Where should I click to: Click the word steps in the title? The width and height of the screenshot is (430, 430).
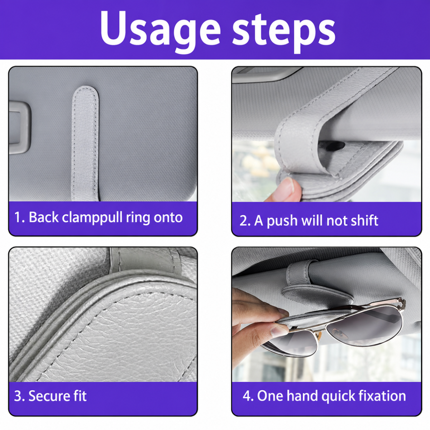(x=283, y=31)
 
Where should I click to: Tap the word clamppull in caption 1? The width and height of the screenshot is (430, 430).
(x=92, y=218)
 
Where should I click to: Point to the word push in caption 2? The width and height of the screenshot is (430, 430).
(x=282, y=221)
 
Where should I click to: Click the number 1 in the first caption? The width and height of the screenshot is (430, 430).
(x=18, y=218)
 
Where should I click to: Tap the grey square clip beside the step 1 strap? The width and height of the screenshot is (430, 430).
(x=20, y=128)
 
